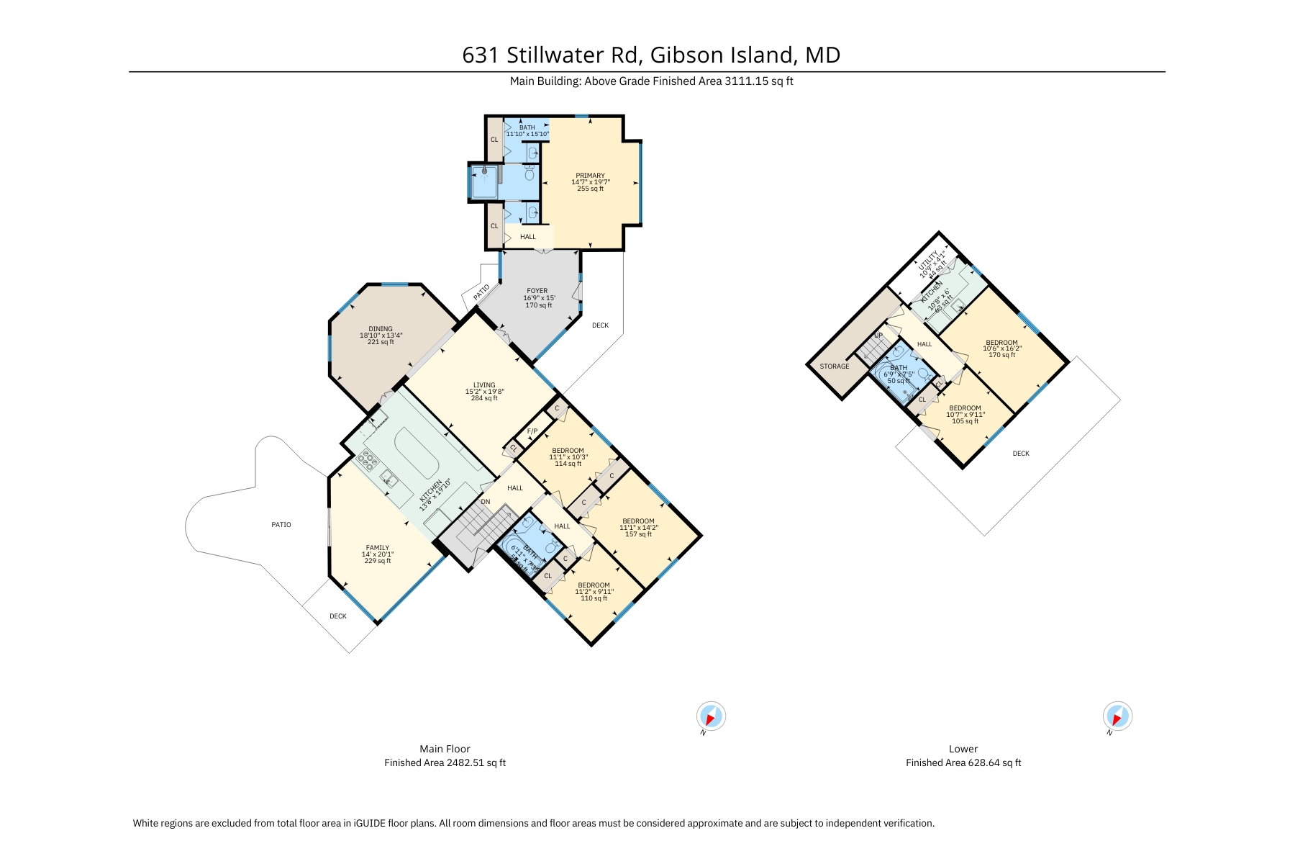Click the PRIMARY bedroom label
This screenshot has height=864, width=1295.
(590, 181)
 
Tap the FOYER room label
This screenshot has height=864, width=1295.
(537, 297)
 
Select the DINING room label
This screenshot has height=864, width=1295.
(381, 335)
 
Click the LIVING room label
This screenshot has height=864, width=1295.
(484, 391)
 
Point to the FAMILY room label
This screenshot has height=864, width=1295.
(377, 554)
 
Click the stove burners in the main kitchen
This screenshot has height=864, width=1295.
(369, 460)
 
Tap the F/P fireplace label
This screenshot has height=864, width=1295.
(532, 431)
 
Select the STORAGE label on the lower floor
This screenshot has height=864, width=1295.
(835, 366)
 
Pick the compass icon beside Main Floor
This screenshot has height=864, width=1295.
(711, 716)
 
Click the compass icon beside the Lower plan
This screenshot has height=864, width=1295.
(1117, 716)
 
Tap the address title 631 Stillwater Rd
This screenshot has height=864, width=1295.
(651, 55)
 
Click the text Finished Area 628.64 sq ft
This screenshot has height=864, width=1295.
(963, 762)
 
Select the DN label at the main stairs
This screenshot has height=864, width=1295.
(486, 502)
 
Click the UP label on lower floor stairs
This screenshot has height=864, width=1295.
(878, 336)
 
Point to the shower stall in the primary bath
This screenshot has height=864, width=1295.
(483, 181)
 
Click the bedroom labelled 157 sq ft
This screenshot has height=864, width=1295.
(638, 527)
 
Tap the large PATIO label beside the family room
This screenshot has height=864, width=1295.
(281, 525)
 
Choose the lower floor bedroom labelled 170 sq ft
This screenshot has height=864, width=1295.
(1001, 348)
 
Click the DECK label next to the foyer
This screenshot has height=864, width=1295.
(600, 325)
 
